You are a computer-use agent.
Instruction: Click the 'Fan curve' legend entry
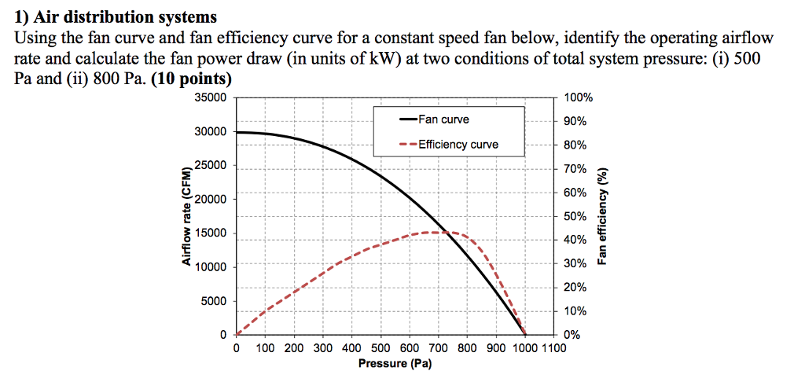(x=443, y=119)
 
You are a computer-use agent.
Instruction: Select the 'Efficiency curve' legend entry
(x=458, y=145)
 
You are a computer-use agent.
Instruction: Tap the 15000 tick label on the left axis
(x=210, y=233)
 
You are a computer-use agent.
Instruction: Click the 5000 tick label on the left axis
(x=213, y=301)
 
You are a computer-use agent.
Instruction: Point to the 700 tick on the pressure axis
(x=438, y=348)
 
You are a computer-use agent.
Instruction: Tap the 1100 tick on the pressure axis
(x=554, y=348)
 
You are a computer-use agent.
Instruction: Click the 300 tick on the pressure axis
(x=323, y=348)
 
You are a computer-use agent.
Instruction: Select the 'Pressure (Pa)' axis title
(x=394, y=363)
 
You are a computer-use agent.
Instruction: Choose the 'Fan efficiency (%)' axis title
(x=603, y=217)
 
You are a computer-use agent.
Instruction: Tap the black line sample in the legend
(x=408, y=119)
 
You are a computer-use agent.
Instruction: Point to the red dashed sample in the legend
(x=408, y=145)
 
